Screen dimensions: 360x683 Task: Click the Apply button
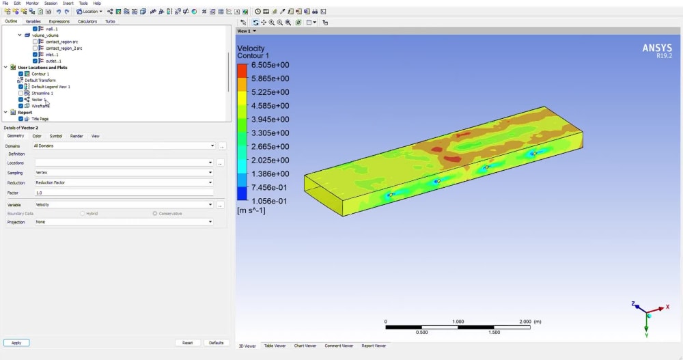point(16,343)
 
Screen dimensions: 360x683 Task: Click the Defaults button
point(217,343)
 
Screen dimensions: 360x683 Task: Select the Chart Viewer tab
point(305,346)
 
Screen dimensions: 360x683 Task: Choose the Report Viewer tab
point(374,346)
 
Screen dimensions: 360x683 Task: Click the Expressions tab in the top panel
point(59,21)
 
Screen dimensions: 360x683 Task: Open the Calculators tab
point(87,21)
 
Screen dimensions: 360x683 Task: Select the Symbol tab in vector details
point(56,136)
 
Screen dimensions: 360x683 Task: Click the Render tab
point(76,136)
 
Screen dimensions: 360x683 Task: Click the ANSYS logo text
point(657,48)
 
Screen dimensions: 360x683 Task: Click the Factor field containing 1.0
point(123,193)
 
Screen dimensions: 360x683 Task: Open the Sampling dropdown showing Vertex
point(123,173)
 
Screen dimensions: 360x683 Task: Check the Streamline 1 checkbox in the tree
point(21,93)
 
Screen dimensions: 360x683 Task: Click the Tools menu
point(83,3)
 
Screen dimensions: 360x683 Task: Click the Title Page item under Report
point(40,119)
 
